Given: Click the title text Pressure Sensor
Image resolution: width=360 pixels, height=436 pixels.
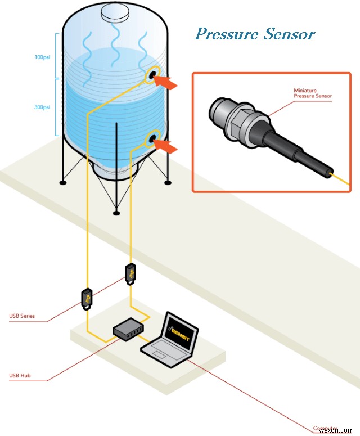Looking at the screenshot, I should point(255,34).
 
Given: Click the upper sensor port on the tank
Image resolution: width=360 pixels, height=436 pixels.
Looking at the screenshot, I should point(152,75).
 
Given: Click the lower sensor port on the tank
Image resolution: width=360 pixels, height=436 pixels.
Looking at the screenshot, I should point(152,138).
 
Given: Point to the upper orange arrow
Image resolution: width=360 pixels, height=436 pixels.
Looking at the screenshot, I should point(167,83).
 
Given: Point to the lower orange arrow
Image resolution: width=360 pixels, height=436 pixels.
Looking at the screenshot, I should point(167,146).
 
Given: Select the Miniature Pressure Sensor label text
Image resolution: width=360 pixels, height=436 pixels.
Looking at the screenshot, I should point(313,93).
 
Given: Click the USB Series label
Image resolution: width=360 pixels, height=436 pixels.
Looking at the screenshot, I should point(22,316).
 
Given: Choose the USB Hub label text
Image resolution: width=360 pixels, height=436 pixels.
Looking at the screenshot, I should point(20,375).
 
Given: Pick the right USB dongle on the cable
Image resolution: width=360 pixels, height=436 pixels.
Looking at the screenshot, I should point(130,273).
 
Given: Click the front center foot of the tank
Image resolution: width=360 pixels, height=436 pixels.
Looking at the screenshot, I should point(116,213).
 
